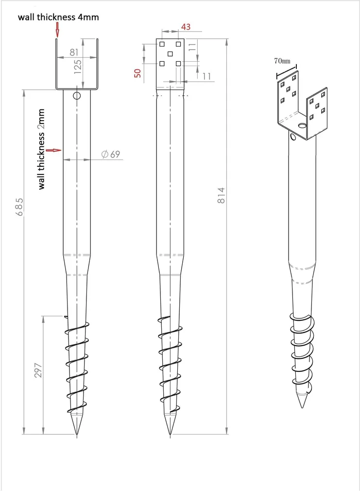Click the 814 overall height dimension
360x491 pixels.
click(222, 195)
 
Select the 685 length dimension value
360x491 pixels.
click(19, 206)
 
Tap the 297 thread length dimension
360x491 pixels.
click(38, 370)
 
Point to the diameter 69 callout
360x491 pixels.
click(111, 154)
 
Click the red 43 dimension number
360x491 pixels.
click(186, 27)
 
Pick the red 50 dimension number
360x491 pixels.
click(138, 73)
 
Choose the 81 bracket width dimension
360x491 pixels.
click(74, 52)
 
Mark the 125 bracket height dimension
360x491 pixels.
click(78, 67)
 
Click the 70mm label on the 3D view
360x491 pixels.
click(282, 61)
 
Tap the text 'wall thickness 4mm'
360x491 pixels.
click(58, 17)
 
